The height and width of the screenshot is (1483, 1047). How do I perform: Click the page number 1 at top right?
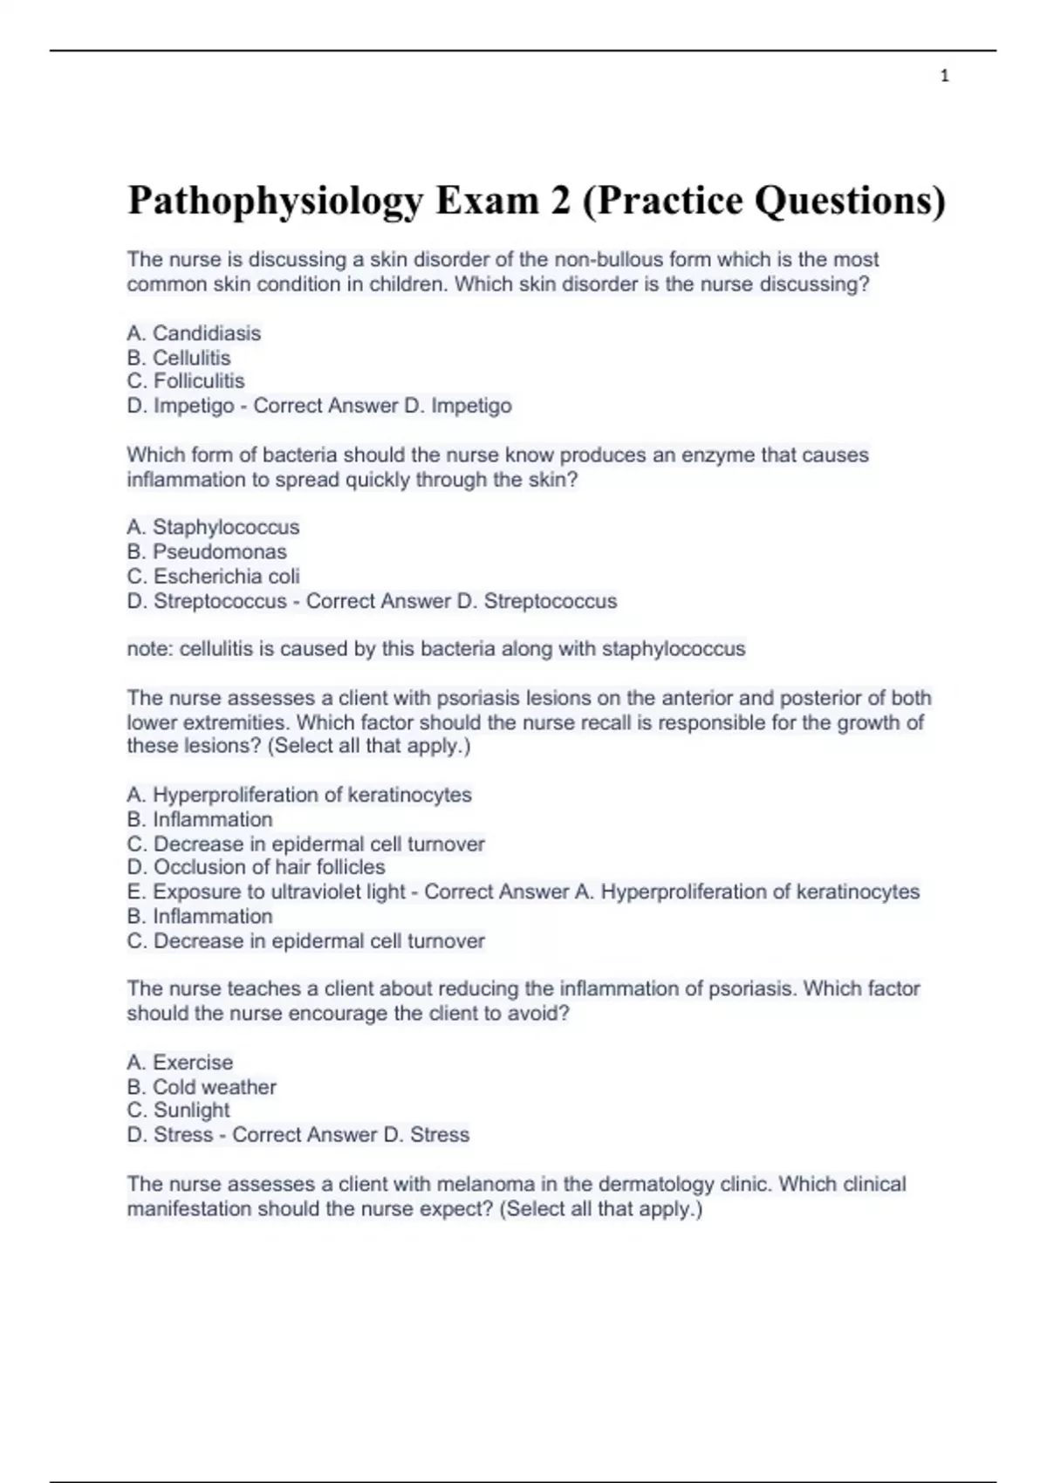[x=945, y=77]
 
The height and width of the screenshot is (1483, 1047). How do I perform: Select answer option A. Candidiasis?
[x=194, y=333]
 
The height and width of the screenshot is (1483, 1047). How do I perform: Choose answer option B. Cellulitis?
[x=179, y=358]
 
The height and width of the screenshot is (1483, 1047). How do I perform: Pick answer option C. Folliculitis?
[x=186, y=381]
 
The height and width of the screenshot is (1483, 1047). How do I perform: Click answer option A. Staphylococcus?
[x=213, y=527]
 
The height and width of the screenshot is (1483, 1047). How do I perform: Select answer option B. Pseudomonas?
[x=207, y=551]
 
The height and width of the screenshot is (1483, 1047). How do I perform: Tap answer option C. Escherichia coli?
[x=213, y=576]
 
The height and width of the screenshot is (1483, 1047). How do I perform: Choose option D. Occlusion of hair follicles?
[x=256, y=867]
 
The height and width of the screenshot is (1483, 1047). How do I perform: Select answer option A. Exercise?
[x=180, y=1063]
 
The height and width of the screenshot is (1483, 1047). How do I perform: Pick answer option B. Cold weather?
[x=202, y=1087]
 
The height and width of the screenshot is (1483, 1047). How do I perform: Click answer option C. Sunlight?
[x=179, y=1111]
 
